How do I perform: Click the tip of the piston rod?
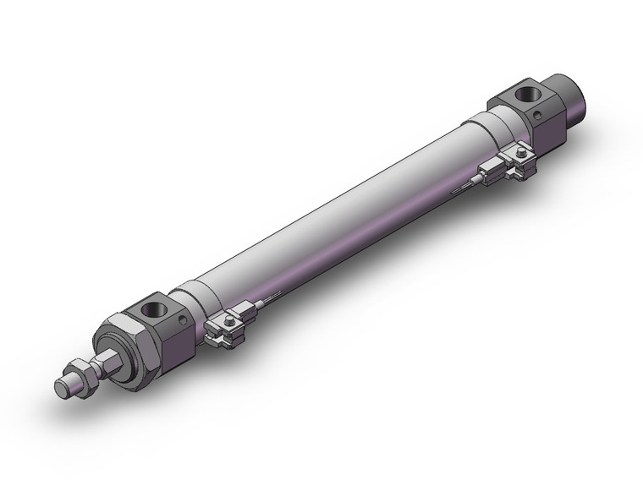click(x=62, y=388)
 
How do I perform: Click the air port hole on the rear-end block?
click(x=530, y=91)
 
